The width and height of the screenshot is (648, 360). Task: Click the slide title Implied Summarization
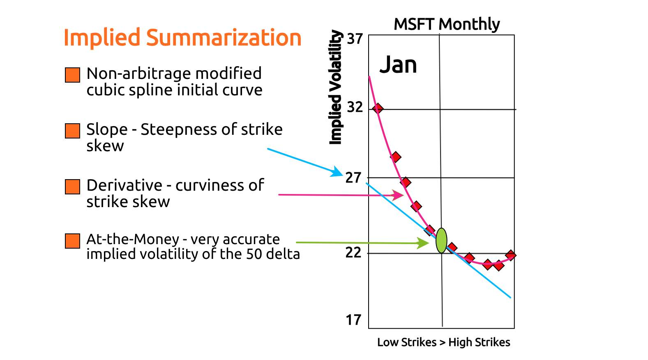(x=182, y=38)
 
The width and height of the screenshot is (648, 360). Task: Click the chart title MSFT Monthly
(x=447, y=24)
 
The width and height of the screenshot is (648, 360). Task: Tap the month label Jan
(x=398, y=65)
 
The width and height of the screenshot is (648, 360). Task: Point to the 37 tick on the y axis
(x=355, y=39)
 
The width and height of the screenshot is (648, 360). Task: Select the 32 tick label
(x=355, y=107)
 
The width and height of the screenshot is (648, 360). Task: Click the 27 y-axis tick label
(x=353, y=178)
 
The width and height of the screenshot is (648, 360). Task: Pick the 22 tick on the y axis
(x=353, y=252)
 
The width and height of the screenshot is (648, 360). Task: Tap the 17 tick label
(x=353, y=320)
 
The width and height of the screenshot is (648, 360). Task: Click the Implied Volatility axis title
(x=336, y=87)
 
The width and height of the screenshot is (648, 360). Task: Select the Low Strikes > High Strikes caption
(x=443, y=342)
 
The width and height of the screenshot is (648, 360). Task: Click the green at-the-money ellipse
(x=441, y=240)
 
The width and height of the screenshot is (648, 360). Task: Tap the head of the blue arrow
(x=338, y=172)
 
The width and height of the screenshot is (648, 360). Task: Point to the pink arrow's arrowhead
(x=399, y=195)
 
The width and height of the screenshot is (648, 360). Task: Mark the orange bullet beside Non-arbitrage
(x=72, y=75)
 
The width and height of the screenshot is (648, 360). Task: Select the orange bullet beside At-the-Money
(x=72, y=241)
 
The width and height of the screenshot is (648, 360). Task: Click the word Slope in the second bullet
(x=107, y=129)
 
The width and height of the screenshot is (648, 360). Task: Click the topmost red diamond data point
(x=378, y=108)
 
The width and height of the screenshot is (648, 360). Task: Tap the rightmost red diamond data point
(x=510, y=255)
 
